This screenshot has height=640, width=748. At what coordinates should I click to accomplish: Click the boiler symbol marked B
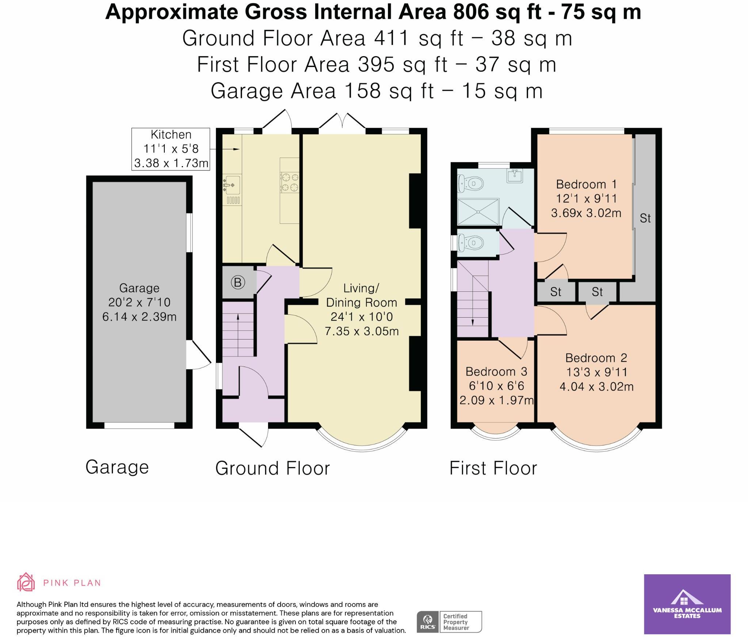coord(238,282)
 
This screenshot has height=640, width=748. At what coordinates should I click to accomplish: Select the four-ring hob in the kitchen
coord(289,183)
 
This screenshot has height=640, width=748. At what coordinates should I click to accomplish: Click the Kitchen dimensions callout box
coord(171,149)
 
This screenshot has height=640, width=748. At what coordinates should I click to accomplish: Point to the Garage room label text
coord(139,288)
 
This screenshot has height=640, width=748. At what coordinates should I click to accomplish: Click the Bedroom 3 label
coord(496,372)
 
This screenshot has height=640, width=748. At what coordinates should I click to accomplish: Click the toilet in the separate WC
coord(471,242)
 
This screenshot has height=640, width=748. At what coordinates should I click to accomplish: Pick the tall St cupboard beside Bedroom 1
coord(645,218)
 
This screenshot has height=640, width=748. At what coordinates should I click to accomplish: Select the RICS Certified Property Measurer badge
coord(449,622)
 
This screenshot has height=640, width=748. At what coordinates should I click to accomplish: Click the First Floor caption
coord(493,468)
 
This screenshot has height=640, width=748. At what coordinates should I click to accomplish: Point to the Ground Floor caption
coord(272,468)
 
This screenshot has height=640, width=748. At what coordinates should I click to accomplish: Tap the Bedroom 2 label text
coord(596,358)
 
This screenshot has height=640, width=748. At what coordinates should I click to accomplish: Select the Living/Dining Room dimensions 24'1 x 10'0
coord(362,317)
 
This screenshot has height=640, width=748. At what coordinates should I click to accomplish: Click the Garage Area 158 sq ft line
coord(377,91)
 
